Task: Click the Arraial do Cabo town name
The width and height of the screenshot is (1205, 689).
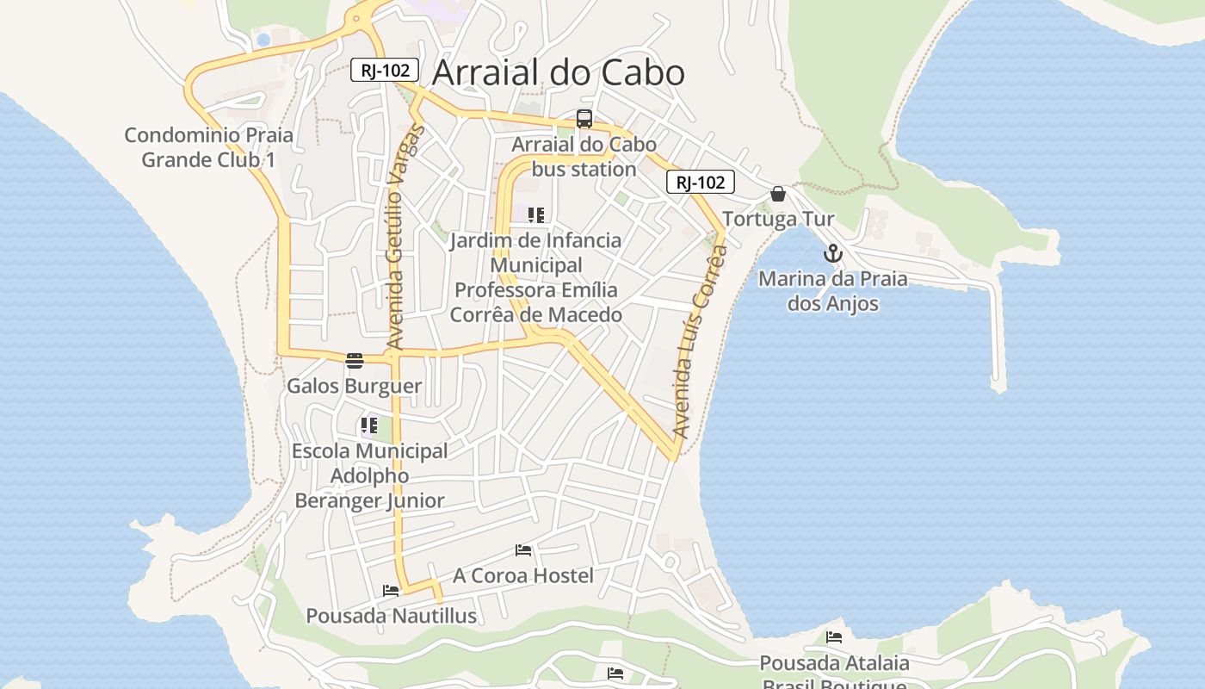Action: pos(558,73)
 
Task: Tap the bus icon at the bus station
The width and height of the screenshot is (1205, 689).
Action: pos(584,119)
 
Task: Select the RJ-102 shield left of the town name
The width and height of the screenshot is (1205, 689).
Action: pos(385,71)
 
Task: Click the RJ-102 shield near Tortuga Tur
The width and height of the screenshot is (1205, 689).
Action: pos(701,183)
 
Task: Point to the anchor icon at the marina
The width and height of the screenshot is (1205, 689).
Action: pos(832,253)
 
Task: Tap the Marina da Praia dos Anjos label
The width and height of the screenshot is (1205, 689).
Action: pos(832,291)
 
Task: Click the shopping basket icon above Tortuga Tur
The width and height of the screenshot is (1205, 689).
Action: pos(778,194)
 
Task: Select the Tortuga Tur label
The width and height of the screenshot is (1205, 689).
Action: pos(778,219)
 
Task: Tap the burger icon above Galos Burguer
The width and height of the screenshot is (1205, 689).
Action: pos(355,360)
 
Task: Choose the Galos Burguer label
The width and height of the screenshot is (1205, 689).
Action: pos(355,386)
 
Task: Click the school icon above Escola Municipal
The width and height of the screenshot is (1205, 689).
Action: pos(369,425)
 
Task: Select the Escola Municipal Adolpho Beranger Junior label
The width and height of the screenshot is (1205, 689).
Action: pos(370,475)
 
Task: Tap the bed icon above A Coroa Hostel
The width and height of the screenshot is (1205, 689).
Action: pos(523,550)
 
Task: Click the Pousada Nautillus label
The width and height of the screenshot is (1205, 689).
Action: pos(392,616)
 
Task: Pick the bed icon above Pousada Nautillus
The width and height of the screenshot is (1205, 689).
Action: pos(391,591)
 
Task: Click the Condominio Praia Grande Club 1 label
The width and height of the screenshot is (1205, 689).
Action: pos(208,147)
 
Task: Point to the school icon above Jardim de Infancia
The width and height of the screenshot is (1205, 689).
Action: pos(536,215)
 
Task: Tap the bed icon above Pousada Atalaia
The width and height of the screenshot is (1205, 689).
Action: pos(834,637)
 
